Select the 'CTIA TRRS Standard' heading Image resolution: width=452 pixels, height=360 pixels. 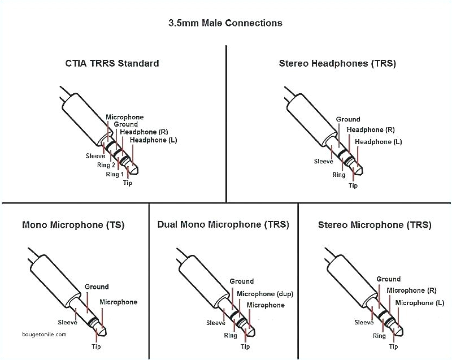[112, 63]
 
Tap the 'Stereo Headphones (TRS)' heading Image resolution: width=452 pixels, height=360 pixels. [337, 63]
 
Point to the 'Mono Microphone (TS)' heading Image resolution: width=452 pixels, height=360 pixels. [73, 225]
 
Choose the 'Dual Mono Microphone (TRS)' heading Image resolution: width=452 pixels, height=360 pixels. [223, 224]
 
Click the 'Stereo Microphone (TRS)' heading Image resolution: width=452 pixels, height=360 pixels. [375, 225]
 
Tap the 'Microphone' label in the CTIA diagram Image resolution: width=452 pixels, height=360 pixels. [125, 117]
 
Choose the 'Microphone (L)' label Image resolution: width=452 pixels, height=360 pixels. [419, 303]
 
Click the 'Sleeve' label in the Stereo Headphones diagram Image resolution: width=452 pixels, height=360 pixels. [324, 161]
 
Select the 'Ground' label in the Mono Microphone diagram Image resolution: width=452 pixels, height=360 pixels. [96, 287]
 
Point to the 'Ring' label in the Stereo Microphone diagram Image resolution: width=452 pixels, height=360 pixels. [379, 336]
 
